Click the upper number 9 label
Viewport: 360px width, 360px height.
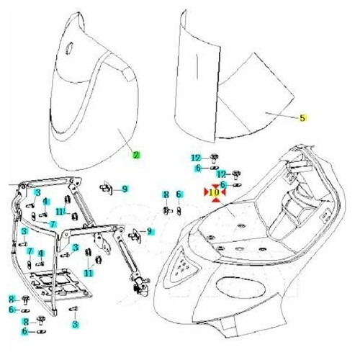[x=125, y=189]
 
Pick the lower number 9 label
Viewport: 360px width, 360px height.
[x=150, y=231]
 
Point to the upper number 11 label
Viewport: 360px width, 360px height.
[x=62, y=212]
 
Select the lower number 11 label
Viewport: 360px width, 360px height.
[x=88, y=273]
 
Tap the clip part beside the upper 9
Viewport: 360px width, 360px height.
[x=107, y=189]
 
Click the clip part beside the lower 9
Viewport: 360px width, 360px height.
[x=134, y=232]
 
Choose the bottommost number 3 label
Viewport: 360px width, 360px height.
[x=75, y=325]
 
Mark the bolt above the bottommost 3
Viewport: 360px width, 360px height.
[x=75, y=310]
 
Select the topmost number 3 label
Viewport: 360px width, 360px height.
[x=37, y=192]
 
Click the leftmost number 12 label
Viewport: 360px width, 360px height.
[x=195, y=158]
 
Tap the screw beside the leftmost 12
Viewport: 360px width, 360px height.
[x=213, y=157]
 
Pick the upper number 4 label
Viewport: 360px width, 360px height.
[x=45, y=202]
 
